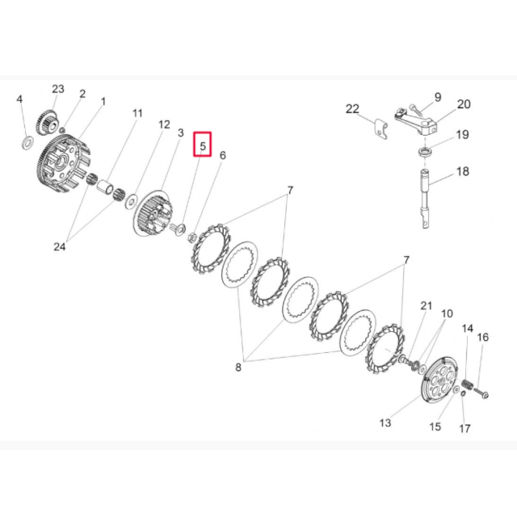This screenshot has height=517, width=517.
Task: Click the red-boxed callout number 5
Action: [x=203, y=145]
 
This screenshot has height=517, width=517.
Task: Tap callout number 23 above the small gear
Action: [x=58, y=89]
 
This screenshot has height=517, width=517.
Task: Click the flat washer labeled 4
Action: [x=27, y=142]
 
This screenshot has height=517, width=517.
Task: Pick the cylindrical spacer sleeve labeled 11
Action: [x=105, y=186]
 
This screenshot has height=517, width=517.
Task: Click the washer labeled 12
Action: [x=131, y=201]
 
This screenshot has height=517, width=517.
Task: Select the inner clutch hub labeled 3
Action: [x=153, y=212]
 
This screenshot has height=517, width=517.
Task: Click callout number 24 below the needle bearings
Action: [x=60, y=246]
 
